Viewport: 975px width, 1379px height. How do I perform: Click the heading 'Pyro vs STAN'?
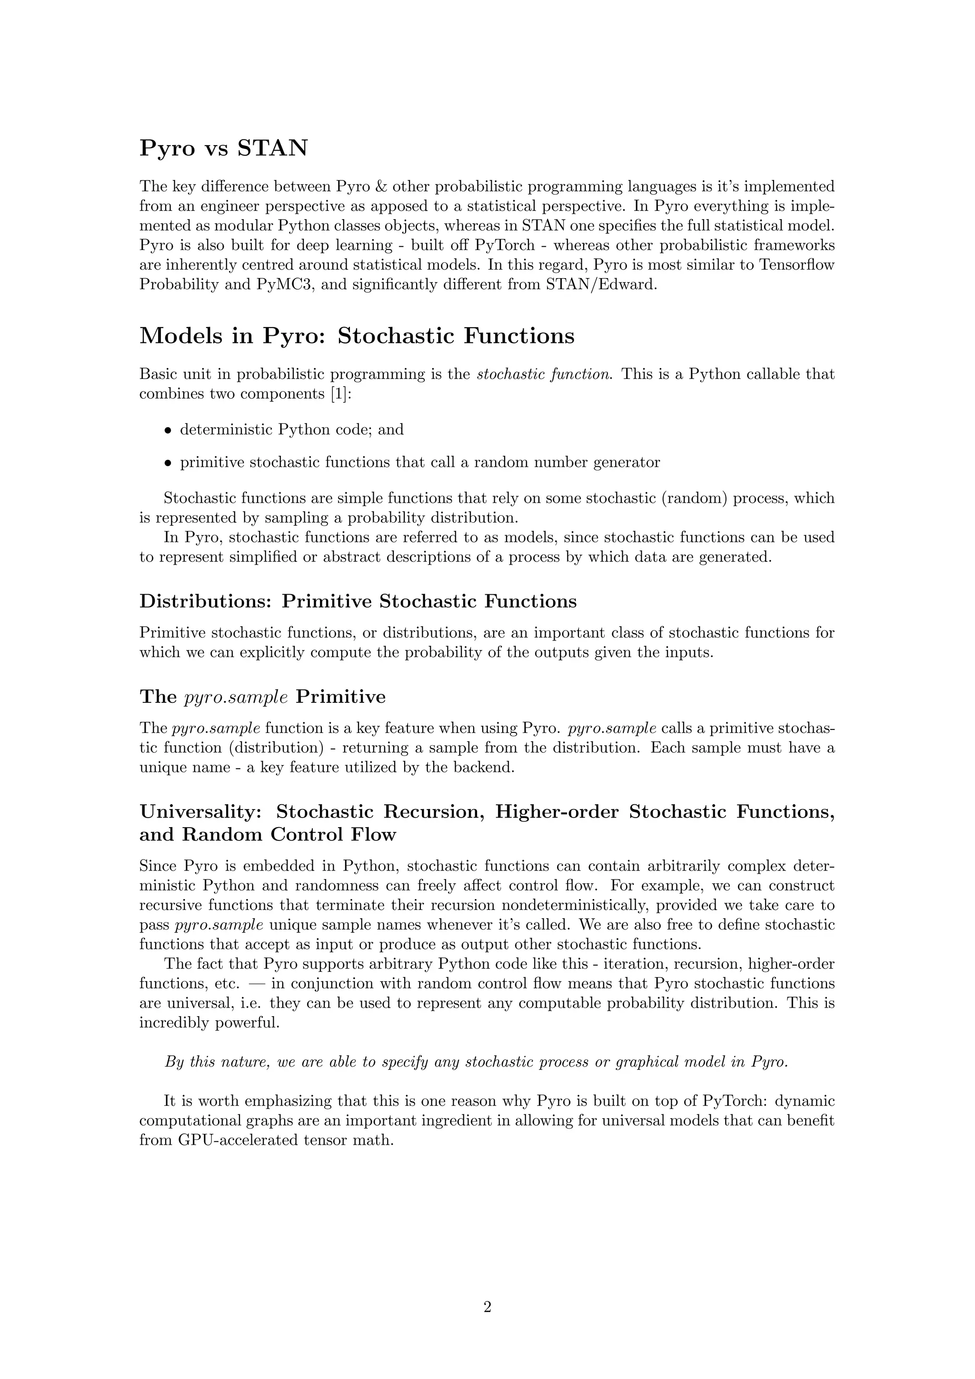click(x=223, y=148)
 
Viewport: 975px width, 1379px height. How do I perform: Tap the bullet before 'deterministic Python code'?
click(x=168, y=430)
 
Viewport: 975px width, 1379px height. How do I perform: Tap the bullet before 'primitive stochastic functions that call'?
click(x=168, y=463)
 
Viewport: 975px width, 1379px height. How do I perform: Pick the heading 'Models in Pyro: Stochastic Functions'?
click(x=357, y=336)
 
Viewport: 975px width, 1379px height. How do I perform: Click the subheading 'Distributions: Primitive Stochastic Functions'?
click(x=358, y=601)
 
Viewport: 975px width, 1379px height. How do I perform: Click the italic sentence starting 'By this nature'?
click(x=476, y=1062)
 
